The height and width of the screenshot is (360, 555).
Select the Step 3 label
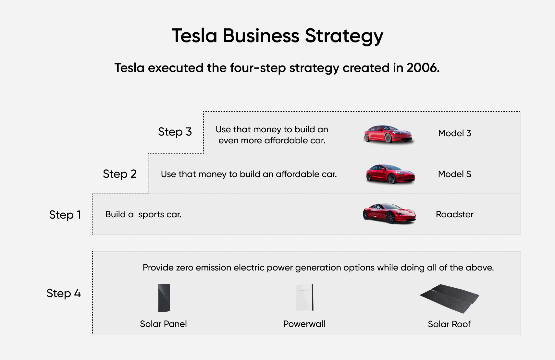175,132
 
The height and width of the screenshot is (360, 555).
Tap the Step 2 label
119,174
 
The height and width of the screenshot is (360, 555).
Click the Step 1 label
65,215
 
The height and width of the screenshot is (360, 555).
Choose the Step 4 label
63,293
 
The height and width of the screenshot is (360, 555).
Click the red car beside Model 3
388,134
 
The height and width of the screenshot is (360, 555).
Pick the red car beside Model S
390,174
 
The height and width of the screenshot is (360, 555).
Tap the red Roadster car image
389,213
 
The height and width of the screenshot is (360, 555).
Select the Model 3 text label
454,133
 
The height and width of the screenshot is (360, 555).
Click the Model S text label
454,174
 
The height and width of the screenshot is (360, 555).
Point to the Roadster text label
454,214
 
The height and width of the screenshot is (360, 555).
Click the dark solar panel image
164,298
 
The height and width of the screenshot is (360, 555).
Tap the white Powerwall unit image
305,297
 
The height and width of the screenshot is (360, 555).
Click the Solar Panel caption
163,324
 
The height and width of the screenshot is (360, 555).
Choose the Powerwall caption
304,324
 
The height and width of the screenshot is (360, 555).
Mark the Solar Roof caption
449,324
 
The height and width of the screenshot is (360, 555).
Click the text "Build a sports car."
143,214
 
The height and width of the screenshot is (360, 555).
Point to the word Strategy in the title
344,36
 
